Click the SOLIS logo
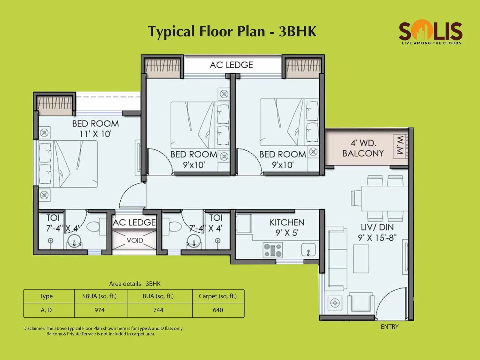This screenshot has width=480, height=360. click(430, 32)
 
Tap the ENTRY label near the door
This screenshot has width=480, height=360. click(389, 327)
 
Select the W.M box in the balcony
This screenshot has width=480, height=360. click(400, 146)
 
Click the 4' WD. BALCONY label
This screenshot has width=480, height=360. click(363, 148)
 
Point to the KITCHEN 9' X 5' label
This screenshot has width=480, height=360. click(287, 227)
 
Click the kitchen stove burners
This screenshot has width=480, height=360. click(272, 250)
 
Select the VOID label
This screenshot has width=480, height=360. click(135, 241)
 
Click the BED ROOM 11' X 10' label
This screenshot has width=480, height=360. click(95, 128)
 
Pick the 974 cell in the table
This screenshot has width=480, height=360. click(100, 310)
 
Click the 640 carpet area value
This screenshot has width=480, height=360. click(218, 310)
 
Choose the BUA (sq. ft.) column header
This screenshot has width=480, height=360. click(158, 296)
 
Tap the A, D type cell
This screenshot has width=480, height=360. click(46, 310)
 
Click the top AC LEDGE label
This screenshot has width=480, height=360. click(231, 65)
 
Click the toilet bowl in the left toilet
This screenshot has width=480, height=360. click(94, 226)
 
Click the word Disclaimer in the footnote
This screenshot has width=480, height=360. click(34, 328)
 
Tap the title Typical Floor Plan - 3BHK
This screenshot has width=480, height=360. click(232, 31)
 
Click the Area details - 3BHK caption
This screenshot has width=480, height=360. click(135, 283)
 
